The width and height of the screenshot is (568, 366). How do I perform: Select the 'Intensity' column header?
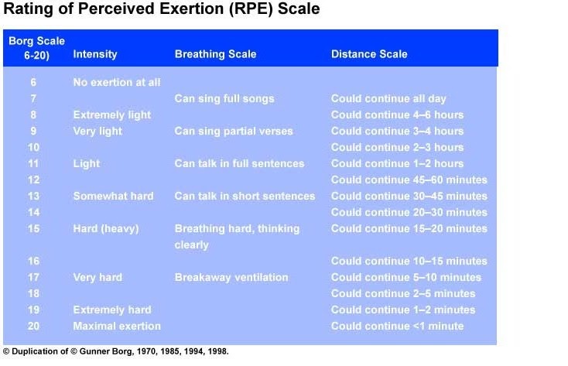click(95, 54)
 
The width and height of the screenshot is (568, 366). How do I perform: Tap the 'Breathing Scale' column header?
click(215, 54)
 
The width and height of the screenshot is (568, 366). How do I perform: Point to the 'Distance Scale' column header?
click(368, 54)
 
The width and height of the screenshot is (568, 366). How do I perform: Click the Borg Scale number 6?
click(33, 82)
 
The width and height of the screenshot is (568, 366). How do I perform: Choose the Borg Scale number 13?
click(33, 196)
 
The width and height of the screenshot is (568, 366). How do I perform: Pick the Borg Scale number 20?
click(33, 326)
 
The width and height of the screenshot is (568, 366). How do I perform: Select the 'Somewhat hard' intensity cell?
click(113, 196)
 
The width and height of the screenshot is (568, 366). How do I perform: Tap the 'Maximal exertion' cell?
click(117, 326)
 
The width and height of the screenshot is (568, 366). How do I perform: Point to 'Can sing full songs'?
click(224, 98)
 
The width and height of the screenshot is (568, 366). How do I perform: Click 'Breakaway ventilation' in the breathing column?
click(231, 277)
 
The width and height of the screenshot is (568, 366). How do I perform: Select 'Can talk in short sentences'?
click(245, 196)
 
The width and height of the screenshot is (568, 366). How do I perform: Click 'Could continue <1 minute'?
click(397, 326)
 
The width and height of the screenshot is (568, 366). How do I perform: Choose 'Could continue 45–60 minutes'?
click(409, 180)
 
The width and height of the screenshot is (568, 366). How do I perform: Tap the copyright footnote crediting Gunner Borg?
click(116, 351)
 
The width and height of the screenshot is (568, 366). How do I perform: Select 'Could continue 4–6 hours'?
click(397, 115)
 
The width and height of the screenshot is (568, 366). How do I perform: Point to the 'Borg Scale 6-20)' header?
click(36, 48)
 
